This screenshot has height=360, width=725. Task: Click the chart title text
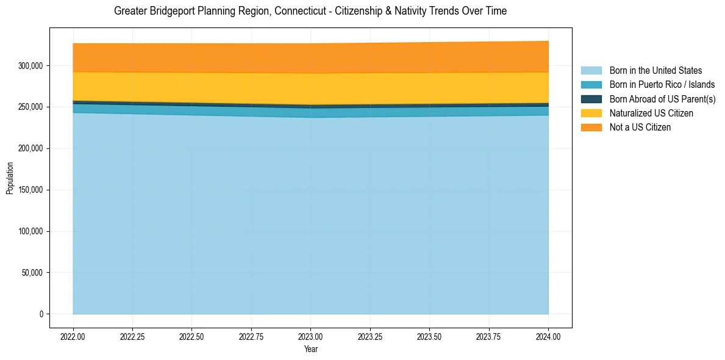310,11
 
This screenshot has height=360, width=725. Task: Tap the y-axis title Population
10,178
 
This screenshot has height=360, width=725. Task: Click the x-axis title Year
310,350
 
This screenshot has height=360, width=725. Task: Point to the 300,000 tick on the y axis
32,65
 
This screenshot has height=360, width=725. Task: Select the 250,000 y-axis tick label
32,107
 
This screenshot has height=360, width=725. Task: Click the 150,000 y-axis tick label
32,190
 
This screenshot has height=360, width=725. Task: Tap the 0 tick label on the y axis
42,314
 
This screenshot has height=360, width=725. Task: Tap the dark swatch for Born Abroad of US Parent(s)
591,99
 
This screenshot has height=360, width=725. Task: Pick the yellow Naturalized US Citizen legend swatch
591,113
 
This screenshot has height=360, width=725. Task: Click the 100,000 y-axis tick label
32,231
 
